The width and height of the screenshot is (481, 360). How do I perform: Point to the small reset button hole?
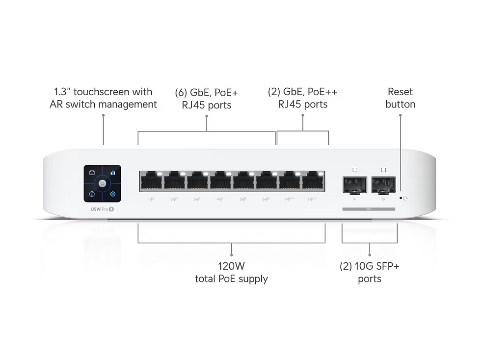point(401,198)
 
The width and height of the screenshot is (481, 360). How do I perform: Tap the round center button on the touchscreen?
point(102,183)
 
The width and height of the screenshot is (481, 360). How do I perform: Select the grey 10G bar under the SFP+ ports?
point(369,209)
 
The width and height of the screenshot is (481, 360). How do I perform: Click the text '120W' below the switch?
point(231,266)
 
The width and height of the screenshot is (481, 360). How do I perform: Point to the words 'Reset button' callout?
point(400,98)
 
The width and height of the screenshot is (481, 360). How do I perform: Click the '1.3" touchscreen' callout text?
point(103,92)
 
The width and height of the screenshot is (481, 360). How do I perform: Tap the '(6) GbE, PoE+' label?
point(207,92)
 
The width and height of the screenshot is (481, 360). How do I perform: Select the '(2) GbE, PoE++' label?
point(302,92)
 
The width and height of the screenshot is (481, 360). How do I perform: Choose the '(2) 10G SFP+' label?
point(369,266)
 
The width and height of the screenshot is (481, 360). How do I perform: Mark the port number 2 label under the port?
point(173,199)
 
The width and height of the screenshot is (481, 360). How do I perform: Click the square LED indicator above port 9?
point(355,170)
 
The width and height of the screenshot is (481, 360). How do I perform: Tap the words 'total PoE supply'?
point(231,279)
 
